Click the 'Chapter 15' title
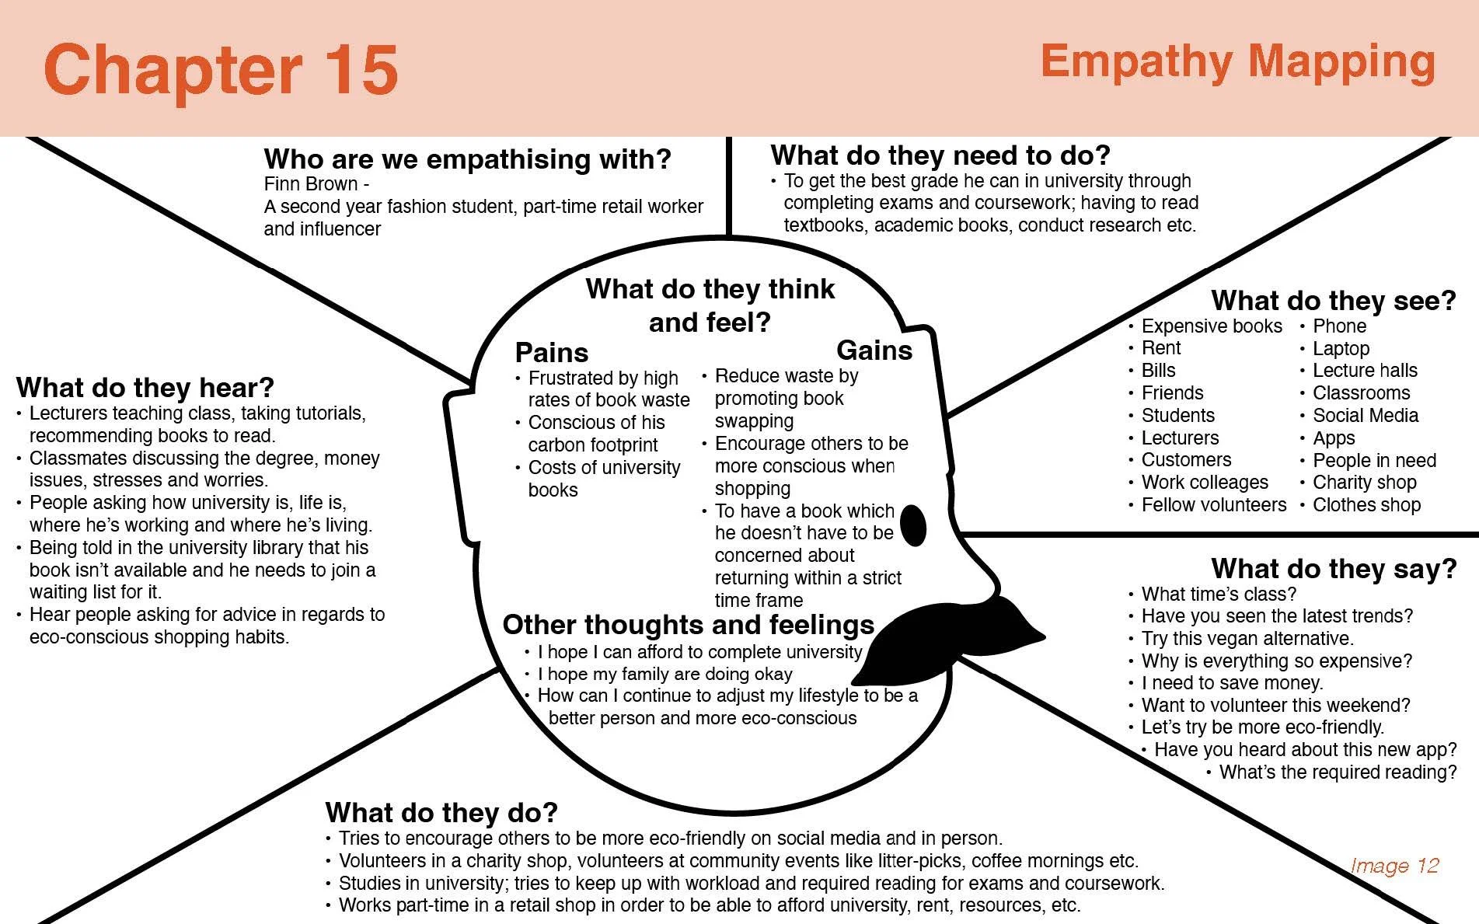click(x=221, y=70)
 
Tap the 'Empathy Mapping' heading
click(x=1237, y=62)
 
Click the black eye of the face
click(x=913, y=525)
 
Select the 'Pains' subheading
click(x=551, y=353)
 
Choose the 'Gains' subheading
click(x=874, y=350)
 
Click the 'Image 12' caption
click(x=1394, y=866)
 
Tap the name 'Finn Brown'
click(x=311, y=184)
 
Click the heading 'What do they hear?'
click(x=145, y=387)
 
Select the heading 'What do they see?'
click(x=1333, y=300)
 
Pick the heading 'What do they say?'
click(x=1333, y=569)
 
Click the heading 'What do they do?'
click(x=441, y=813)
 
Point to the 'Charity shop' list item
click(x=1364, y=483)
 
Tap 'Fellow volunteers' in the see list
click(x=1213, y=505)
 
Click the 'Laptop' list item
click(x=1341, y=349)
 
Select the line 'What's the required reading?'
click(x=1337, y=772)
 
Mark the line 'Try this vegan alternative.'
click(x=1247, y=639)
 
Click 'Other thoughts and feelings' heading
click(x=688, y=625)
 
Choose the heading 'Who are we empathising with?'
click(x=467, y=159)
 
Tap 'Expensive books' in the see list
click(x=1211, y=326)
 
